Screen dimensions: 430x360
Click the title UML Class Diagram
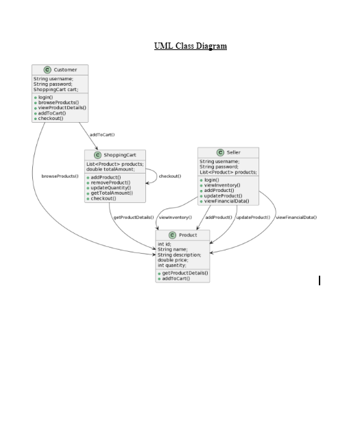[191, 46]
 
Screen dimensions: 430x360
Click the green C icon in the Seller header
[220, 152]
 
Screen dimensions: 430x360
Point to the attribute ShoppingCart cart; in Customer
[56, 89]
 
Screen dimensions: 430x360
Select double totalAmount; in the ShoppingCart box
[110, 169]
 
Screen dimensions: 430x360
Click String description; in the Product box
[179, 254]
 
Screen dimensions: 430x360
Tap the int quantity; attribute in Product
[171, 265]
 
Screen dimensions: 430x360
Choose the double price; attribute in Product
[172, 260]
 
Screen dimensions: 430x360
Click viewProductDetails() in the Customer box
[62, 108]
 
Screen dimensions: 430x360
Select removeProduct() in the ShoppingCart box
[110, 182]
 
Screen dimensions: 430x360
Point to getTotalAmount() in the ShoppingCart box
[112, 193]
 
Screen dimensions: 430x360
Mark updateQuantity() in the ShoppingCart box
[110, 188]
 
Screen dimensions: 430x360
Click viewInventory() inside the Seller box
[222, 185]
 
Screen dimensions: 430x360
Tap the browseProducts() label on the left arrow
[60, 176]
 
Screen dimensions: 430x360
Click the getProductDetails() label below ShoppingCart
[133, 217]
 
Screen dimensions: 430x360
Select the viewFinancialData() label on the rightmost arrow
[296, 217]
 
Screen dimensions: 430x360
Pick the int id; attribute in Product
[165, 244]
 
